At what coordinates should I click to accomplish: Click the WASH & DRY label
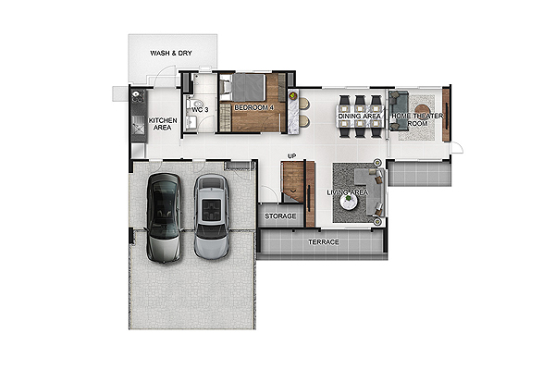(x=171, y=53)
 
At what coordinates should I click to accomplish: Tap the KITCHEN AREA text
(x=163, y=124)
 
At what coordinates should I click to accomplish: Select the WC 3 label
(x=200, y=110)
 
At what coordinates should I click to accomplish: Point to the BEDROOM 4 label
(x=254, y=107)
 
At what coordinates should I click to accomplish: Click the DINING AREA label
(x=360, y=117)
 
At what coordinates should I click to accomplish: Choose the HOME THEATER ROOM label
(x=417, y=119)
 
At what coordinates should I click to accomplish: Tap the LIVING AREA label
(x=348, y=192)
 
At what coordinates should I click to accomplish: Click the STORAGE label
(x=280, y=216)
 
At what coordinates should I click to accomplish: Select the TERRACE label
(x=324, y=242)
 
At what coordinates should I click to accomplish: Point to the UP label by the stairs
(x=292, y=156)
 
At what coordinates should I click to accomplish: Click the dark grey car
(x=164, y=217)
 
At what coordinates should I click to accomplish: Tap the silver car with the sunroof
(x=211, y=216)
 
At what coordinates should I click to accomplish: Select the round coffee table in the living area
(x=349, y=202)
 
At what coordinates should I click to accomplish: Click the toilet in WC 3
(x=191, y=104)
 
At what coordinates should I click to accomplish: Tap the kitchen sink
(x=138, y=125)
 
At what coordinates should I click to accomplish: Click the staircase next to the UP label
(x=293, y=182)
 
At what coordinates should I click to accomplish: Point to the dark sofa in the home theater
(x=399, y=111)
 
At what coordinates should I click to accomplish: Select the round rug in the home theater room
(x=423, y=111)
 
